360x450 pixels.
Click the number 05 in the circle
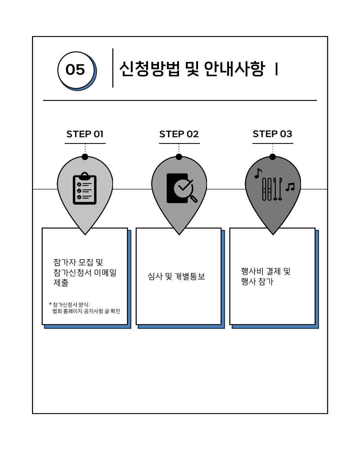pos(75,70)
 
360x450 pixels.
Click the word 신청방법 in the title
pos(150,69)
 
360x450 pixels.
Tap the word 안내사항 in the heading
pos(234,69)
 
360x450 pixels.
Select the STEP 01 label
pos(85,134)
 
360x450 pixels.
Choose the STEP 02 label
pos(179,134)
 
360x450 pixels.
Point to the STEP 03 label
pos(272,134)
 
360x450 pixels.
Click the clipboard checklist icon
pos(85,189)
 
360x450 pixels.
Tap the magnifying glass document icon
pos(181,188)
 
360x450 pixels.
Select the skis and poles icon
pos(272,189)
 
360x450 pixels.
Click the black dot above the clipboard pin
pos(85,157)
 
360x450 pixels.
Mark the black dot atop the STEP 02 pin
pos(179,157)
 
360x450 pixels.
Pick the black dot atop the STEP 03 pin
pos(273,157)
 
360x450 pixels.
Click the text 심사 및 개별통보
pos(176,276)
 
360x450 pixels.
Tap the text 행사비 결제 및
pos(266,271)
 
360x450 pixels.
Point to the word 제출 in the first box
pos(61,283)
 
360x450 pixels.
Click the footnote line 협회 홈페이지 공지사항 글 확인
pos(86,311)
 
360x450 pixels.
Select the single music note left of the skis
pos(258,173)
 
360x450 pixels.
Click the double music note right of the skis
pos(290,187)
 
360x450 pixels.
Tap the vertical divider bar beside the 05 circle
pos(113,68)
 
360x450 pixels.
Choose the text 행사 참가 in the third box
pos(257,282)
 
